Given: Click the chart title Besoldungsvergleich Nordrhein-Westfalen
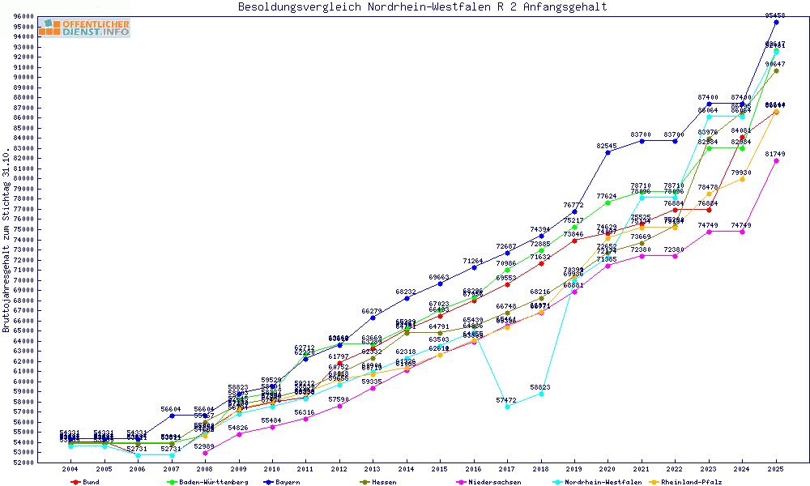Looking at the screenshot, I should (422, 7).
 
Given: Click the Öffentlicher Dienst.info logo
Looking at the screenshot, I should (83, 28).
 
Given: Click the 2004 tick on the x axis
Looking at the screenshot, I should (70, 469).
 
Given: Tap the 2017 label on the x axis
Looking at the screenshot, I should (507, 469).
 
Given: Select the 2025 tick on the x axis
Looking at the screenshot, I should (776, 469).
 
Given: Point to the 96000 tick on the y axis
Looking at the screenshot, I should (23, 16).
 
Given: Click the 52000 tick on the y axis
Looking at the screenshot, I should (23, 463).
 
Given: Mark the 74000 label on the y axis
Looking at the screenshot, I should (23, 240).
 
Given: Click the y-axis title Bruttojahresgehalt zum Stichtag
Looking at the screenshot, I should (6, 240).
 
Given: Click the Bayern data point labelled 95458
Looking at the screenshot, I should (776, 22).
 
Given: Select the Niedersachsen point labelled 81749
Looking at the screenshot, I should (776, 160).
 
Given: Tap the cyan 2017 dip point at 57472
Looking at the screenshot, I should (507, 407).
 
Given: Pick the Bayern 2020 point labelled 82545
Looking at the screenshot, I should (607, 152).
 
